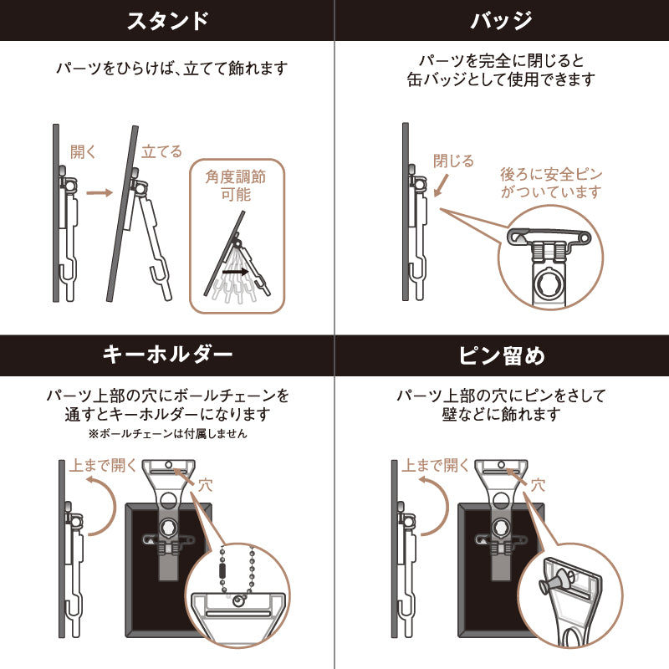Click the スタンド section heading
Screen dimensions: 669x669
point(168,20)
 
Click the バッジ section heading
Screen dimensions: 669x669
point(501,20)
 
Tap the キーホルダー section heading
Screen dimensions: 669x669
point(168,355)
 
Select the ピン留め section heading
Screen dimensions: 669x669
point(502,355)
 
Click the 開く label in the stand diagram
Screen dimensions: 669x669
point(83,151)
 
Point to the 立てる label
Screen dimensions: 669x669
point(161,151)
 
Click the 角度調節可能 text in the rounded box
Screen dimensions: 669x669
point(236,185)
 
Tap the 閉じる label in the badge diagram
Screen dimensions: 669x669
point(453,161)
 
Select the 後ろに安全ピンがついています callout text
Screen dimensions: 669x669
point(551,183)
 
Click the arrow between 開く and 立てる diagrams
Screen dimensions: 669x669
point(100,193)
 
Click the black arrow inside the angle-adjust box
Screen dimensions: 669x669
point(236,271)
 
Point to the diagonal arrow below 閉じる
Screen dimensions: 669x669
point(442,185)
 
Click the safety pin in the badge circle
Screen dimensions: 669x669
point(549,237)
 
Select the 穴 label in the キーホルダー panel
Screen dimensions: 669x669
point(205,485)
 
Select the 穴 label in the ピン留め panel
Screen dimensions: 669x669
point(538,485)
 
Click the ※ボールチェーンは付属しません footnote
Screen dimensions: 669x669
point(168,434)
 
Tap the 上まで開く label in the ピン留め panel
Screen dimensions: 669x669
point(435,465)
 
